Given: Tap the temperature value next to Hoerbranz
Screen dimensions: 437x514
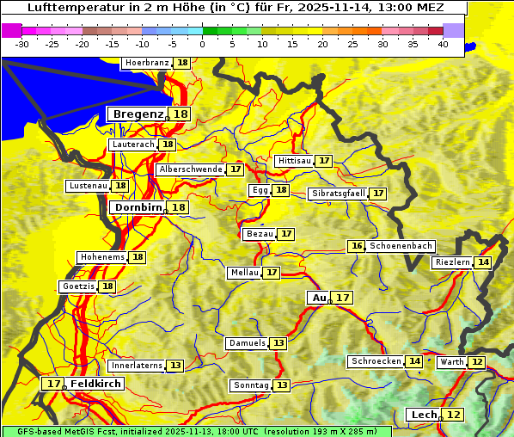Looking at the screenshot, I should (x=182, y=64).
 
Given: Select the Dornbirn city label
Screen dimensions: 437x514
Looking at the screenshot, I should (x=137, y=207).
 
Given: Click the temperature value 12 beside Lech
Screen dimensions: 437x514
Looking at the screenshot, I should (x=454, y=415).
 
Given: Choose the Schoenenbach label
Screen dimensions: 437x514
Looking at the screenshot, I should (x=401, y=246).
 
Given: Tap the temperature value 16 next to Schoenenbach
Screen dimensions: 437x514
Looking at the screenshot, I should (x=357, y=246).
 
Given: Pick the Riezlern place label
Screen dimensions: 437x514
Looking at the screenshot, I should (x=452, y=262).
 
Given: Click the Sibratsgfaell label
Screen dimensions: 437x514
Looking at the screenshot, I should (x=338, y=194).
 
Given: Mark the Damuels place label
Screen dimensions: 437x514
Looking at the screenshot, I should (x=247, y=343).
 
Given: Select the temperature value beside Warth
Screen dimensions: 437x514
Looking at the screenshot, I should (x=476, y=362).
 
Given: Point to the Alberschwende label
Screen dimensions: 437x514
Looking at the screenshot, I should (x=191, y=169).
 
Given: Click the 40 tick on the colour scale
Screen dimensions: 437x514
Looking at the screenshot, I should (x=443, y=44).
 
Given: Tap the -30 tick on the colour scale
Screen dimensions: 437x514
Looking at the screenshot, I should (x=22, y=44).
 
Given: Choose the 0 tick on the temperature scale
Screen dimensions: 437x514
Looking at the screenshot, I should (x=203, y=44).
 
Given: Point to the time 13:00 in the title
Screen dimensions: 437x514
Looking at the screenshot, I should (x=393, y=8).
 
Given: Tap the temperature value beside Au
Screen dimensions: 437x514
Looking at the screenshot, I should (x=343, y=298).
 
